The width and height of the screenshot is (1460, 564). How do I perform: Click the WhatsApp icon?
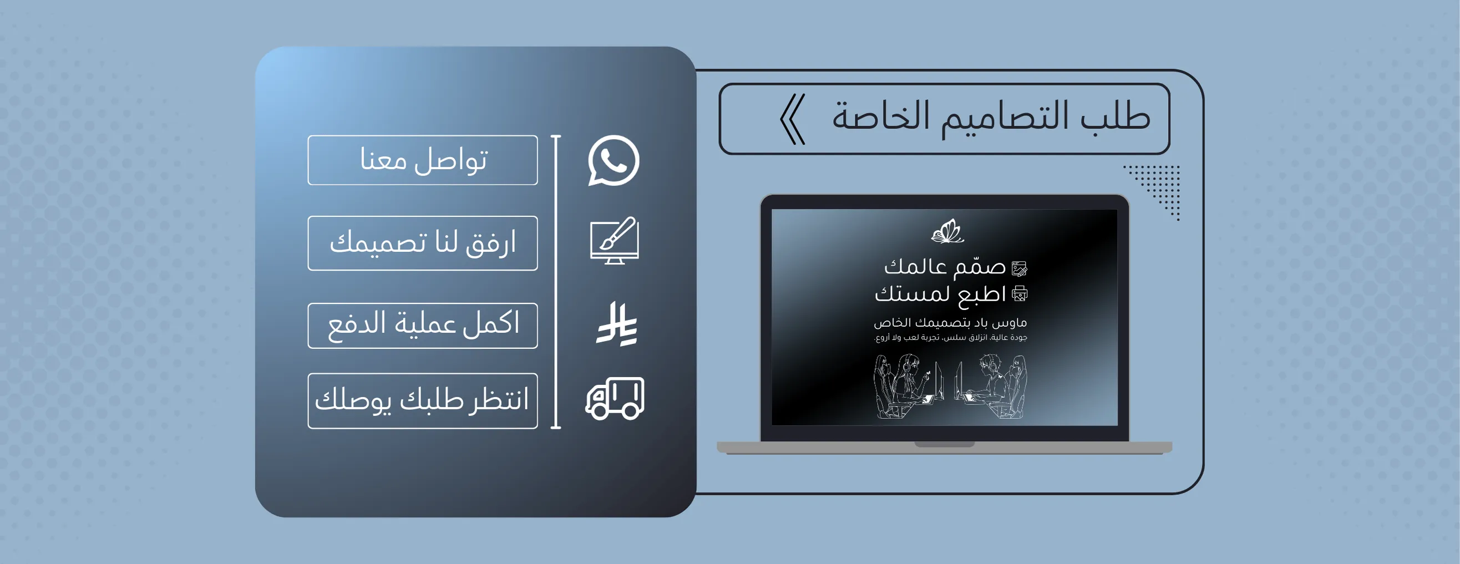(614, 160)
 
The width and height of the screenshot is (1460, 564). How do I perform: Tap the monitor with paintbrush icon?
(615, 240)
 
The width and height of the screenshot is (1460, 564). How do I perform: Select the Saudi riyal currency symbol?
(617, 324)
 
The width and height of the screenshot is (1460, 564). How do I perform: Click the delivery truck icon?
(615, 399)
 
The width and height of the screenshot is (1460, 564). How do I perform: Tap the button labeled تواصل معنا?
(422, 160)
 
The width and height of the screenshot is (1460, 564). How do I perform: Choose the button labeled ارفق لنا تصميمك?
(422, 243)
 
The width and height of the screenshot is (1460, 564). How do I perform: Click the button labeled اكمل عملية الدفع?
(422, 326)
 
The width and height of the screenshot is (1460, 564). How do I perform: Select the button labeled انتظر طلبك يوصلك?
(422, 401)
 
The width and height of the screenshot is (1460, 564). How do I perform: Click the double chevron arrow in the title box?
(792, 119)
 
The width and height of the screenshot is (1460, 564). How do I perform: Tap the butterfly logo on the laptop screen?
(947, 231)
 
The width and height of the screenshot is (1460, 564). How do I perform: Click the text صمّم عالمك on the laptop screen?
(945, 267)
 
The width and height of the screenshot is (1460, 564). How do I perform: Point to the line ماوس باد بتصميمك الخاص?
(950, 323)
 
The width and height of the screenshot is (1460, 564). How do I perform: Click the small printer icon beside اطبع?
(1020, 293)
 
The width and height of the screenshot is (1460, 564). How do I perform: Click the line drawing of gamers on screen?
(949, 387)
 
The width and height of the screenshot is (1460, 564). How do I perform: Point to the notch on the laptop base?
(944, 445)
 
